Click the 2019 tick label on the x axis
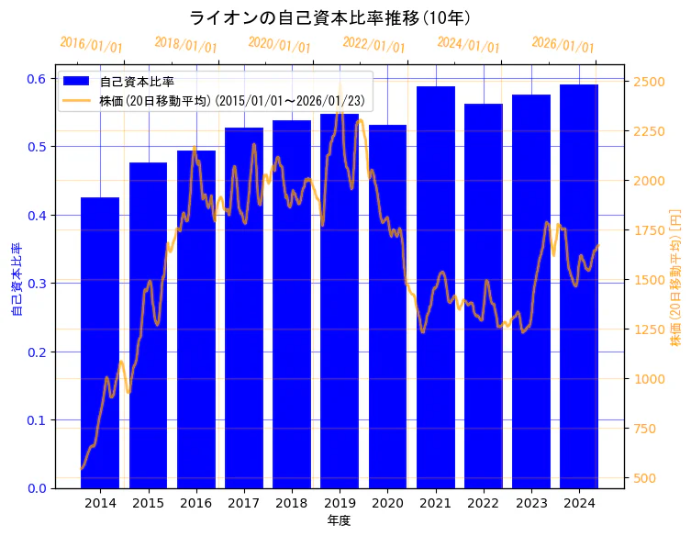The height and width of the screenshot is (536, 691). (340, 503)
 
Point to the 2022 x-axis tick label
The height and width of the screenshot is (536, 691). (484, 503)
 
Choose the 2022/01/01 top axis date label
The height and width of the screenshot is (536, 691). (373, 45)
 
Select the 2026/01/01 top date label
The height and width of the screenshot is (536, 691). (563, 45)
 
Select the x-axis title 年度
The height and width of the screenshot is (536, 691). (339, 520)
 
